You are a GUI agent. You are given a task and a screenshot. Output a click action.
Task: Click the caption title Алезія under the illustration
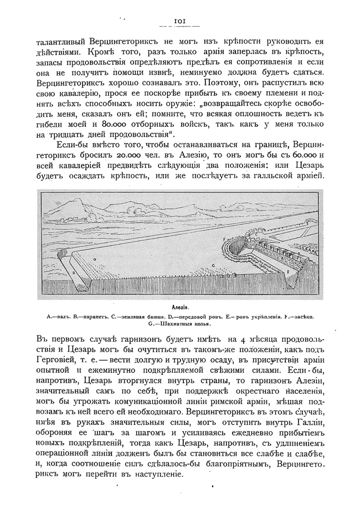[x=180, y=306]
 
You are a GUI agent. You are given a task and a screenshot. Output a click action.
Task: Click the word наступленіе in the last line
[x=155, y=475]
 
